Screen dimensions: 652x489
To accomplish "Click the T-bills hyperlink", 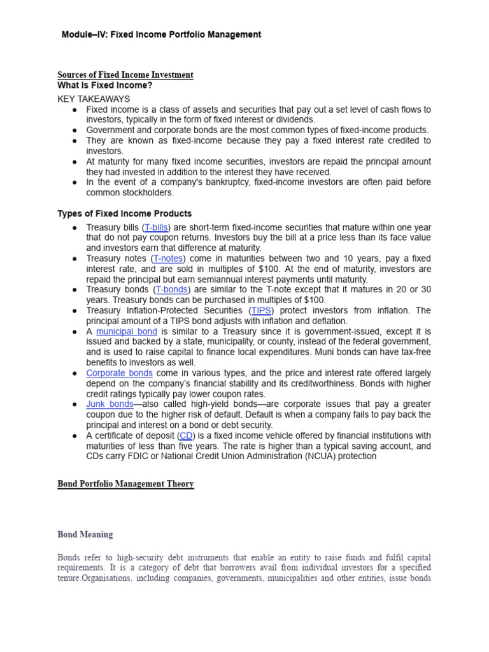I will coord(157,227).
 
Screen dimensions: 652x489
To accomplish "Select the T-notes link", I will coord(167,259).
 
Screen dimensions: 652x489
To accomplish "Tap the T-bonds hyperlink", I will coord(172,290).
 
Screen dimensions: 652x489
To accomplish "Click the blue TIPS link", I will coord(261,311).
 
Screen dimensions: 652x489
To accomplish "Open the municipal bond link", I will coord(127,332).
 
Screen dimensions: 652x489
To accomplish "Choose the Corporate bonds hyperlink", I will coord(119,373).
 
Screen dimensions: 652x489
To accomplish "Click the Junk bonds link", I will coord(110,404).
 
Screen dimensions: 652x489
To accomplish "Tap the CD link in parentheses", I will coord(186,436).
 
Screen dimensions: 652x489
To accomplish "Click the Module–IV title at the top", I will coord(161,34).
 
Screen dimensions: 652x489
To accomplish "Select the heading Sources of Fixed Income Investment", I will coord(125,75).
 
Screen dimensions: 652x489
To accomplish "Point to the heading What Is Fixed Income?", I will coord(105,85).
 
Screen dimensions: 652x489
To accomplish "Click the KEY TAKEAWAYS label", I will coord(94,99).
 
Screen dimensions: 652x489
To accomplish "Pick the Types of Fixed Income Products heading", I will coord(125,213).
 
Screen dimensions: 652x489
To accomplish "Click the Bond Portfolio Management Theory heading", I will coord(125,484).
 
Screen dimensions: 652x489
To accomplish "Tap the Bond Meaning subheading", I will coord(85,534).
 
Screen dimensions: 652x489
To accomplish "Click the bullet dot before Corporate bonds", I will coord(74,373).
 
